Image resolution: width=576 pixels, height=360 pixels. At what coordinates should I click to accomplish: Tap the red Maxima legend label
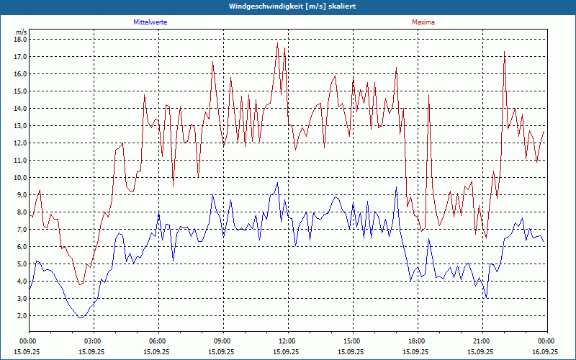pos(423,22)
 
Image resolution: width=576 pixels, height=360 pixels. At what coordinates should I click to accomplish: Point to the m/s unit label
pos(21,32)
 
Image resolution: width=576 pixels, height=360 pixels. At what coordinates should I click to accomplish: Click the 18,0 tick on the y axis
pos(20,39)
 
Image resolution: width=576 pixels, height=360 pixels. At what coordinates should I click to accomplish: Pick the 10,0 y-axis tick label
pos(20,177)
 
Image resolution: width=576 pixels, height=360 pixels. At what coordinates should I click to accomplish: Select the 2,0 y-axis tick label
pos(22,315)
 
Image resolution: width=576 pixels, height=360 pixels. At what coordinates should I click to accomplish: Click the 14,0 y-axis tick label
pos(20,108)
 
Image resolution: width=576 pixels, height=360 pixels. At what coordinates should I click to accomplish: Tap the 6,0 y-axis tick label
pos(22,246)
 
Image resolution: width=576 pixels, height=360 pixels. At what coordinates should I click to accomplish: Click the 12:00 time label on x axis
pos(287,341)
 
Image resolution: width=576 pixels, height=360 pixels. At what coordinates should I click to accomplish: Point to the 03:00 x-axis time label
pos(93,341)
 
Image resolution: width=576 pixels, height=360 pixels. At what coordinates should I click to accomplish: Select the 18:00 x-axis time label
pos(416,341)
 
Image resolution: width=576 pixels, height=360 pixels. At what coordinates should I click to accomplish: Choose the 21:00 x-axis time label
pos(481,341)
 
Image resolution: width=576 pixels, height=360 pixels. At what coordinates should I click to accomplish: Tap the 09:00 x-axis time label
pos(222,341)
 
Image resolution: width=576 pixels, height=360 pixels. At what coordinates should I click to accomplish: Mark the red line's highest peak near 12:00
pos(277,43)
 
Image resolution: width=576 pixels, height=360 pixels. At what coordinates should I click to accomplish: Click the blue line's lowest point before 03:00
pos(81,318)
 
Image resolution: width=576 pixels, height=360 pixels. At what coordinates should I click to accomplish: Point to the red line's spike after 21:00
pos(504,51)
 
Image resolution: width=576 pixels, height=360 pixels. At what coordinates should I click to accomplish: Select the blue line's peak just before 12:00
pos(277,183)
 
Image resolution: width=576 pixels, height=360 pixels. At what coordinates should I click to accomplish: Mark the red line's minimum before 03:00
pos(81,284)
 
